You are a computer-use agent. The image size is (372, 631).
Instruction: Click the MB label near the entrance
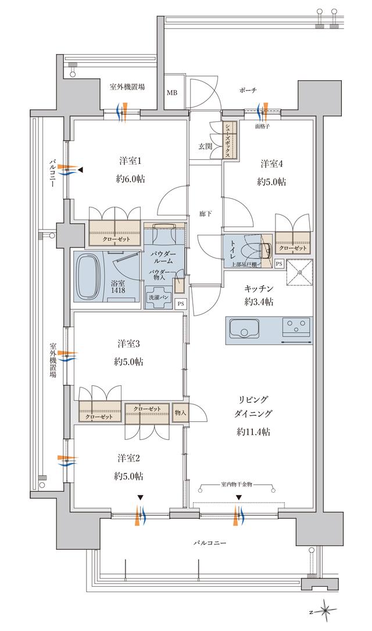173,92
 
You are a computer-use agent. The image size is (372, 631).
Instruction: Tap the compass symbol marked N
327,611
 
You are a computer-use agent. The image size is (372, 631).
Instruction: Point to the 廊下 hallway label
205,213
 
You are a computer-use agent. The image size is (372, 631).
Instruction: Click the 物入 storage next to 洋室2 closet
180,413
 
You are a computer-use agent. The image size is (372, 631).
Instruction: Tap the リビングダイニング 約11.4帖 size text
253,432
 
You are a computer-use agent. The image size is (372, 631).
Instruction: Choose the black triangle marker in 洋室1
81,170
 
